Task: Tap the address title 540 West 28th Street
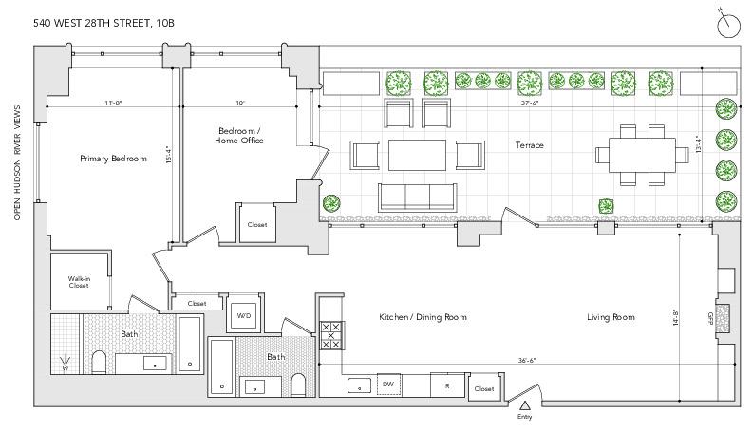tap(104, 21)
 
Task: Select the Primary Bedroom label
tap(113, 159)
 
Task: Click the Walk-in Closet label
tap(78, 282)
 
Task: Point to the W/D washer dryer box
tap(243, 315)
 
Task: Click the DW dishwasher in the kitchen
tap(387, 384)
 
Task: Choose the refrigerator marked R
tap(446, 385)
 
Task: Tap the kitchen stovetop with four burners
tap(332, 335)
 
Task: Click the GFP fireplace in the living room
tap(723, 317)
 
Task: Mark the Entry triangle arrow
tap(524, 405)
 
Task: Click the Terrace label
tap(530, 145)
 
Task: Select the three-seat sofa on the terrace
tap(417, 196)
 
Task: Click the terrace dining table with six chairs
tap(635, 153)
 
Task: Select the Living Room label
tap(611, 316)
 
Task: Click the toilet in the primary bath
tap(98, 361)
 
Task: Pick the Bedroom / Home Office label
tap(240, 135)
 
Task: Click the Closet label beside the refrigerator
tap(483, 388)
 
